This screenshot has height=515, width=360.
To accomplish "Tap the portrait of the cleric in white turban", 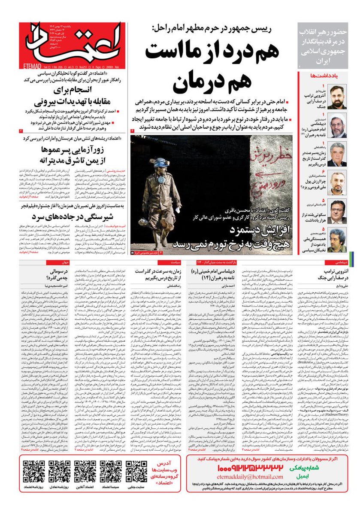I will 338,127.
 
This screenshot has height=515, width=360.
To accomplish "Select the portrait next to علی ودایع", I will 338,98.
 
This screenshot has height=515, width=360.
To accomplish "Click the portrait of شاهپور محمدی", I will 338,240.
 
